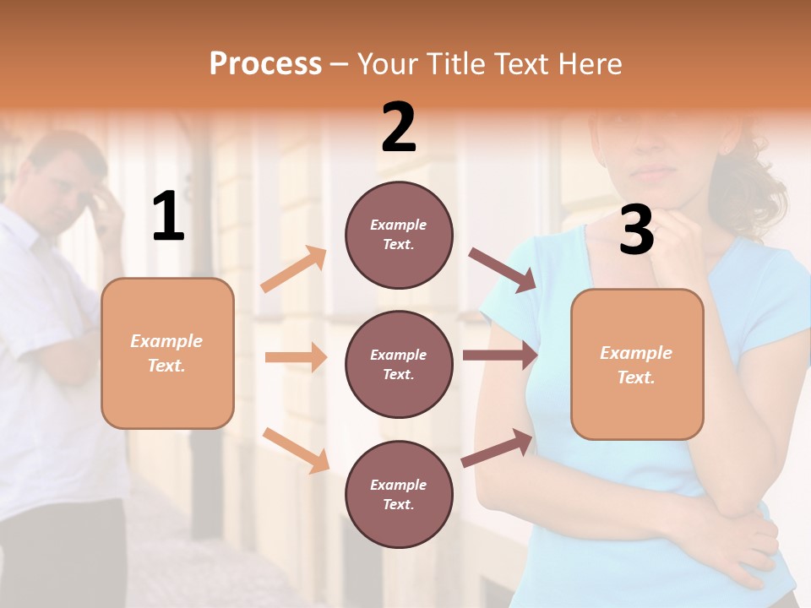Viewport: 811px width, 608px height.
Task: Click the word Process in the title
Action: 265,64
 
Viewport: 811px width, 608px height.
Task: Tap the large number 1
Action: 168,217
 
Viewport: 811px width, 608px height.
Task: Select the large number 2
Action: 399,128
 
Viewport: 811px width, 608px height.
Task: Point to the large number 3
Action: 636,231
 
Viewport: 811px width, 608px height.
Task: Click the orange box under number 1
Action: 167,353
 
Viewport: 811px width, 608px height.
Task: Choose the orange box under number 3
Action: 637,364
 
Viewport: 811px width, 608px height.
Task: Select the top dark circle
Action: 399,234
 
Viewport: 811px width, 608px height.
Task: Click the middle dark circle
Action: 399,364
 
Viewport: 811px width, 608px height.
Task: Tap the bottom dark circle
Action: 399,494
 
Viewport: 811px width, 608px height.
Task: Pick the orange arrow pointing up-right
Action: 294,269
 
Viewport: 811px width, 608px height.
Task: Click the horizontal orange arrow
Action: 296,357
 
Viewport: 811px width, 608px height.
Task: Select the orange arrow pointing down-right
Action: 296,450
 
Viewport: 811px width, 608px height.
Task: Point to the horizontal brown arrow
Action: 500,355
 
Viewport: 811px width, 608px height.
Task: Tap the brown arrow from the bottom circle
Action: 498,448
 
